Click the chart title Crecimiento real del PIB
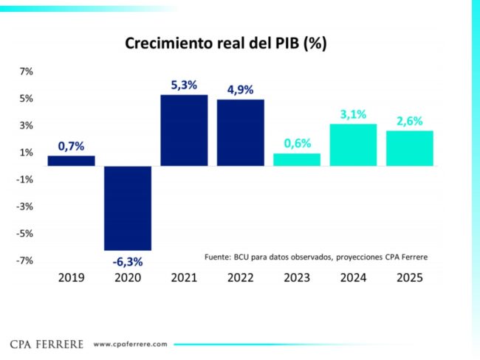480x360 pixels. click(225, 44)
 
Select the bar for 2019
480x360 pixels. click(72, 161)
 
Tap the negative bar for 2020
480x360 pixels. click(128, 208)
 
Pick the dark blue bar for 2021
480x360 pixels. click(184, 130)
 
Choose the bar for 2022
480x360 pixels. click(240, 133)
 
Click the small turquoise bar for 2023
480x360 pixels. click(297, 159)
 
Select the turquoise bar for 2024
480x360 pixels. click(353, 145)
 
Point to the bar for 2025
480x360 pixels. click(409, 148)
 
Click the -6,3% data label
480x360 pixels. click(128, 261)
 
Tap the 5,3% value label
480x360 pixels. click(184, 86)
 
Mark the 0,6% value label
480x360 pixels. click(297, 144)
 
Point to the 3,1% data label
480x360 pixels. click(353, 114)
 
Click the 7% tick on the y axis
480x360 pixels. click(26, 72)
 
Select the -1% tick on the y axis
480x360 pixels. click(24, 179)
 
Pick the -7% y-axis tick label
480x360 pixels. click(24, 260)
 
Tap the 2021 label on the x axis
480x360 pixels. click(184, 278)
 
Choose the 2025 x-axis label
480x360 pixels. click(409, 278)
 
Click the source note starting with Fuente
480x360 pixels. click(316, 257)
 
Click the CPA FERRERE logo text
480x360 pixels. click(47, 344)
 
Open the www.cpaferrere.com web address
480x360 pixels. click(131, 344)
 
